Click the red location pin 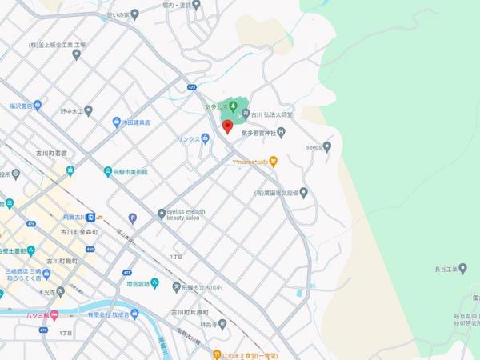pos(226,126)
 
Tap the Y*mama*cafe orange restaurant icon pos(273,162)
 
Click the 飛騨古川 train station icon pos(93,216)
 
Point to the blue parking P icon pos(133,218)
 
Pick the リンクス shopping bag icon pos(205,138)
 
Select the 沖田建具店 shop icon pos(117,122)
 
